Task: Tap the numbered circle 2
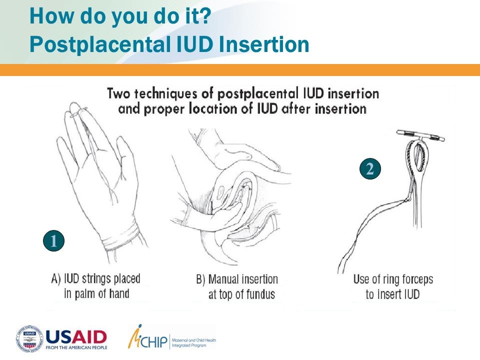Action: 370,168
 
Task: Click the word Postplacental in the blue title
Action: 100,44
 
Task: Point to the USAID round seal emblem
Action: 29,339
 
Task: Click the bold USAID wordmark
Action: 76,337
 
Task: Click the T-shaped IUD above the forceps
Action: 420,136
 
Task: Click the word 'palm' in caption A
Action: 87,293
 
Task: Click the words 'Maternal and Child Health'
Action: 194,340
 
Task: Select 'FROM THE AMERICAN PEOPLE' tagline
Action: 76,347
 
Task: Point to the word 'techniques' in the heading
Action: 166,93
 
